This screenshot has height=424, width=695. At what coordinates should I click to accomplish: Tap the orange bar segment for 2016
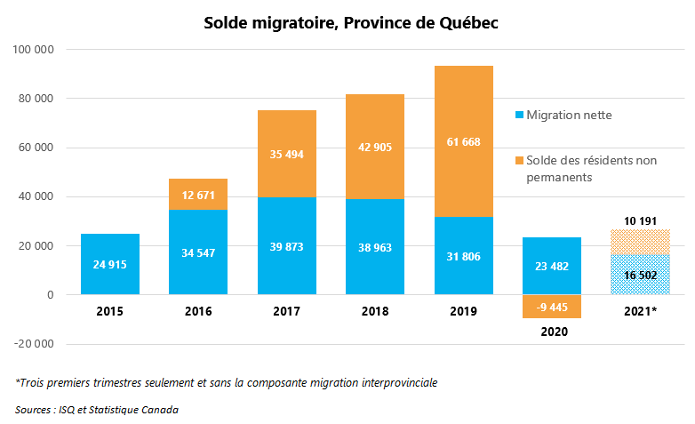[198, 194]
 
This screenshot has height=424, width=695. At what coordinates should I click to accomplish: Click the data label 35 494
[286, 154]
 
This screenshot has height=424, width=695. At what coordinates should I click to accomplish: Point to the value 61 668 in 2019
[463, 140]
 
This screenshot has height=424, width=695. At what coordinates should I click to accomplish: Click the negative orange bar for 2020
[552, 306]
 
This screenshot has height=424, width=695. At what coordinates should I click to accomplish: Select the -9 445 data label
[552, 308]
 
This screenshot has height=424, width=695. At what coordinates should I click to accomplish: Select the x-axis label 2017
[286, 312]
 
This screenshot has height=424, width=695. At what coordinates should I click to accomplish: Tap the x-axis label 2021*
[640, 312]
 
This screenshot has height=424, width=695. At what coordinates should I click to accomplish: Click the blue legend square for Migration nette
[520, 115]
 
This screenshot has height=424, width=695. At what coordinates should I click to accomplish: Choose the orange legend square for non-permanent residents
[520, 160]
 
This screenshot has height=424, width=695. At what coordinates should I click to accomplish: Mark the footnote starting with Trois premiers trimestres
[227, 382]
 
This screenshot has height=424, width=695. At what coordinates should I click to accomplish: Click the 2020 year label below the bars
[552, 331]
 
